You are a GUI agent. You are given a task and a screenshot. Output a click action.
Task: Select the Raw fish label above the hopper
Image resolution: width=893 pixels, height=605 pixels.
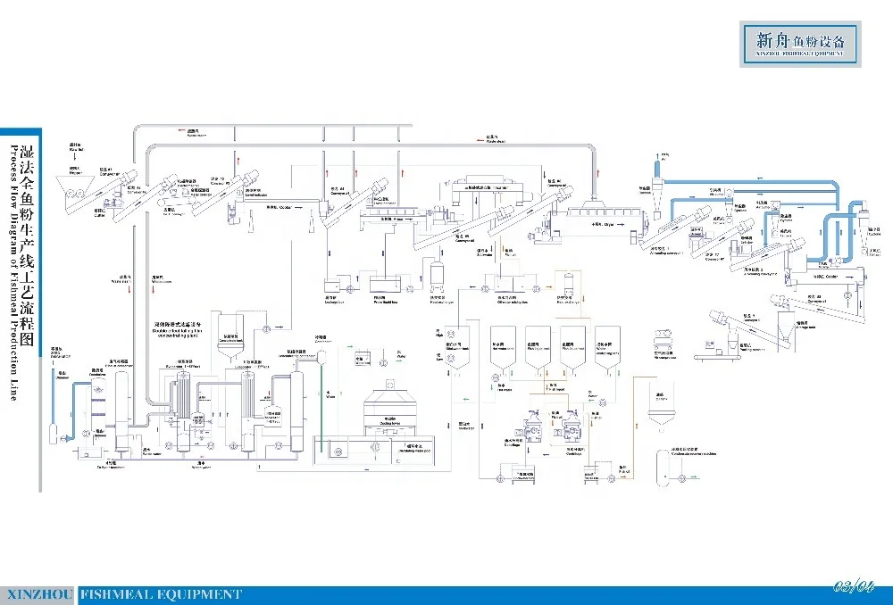tap(75, 149)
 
